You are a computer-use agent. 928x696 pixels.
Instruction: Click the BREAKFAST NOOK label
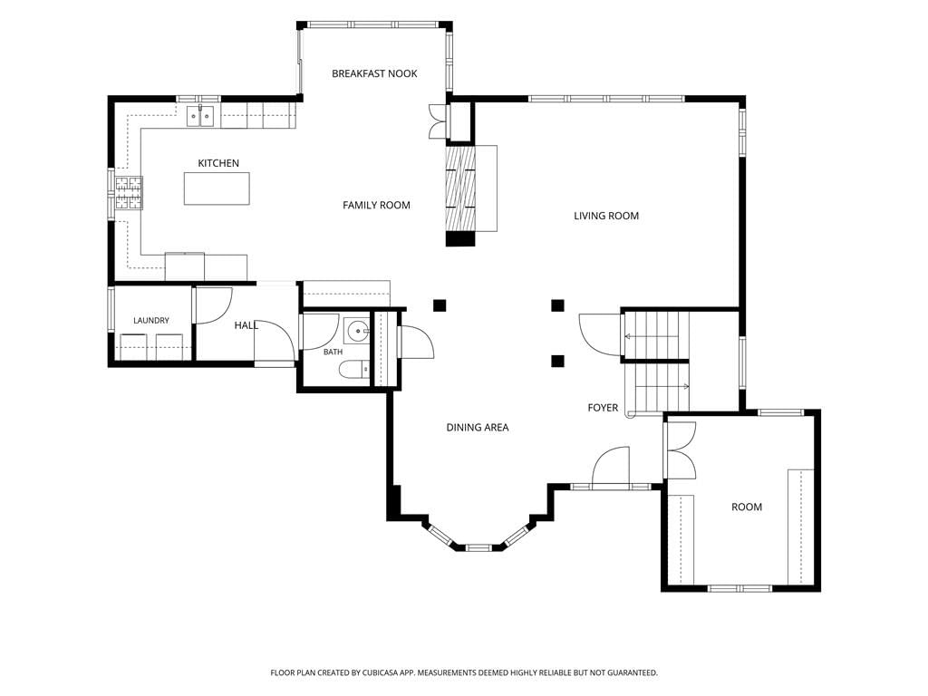[x=374, y=73]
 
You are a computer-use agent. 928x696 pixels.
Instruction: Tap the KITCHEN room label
[x=218, y=163]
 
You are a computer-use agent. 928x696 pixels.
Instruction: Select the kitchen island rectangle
[x=217, y=188]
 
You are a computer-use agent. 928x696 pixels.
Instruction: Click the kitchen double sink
[x=200, y=117]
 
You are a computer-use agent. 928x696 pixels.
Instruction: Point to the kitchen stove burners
[x=129, y=193]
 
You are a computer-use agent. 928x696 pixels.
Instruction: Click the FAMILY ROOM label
[x=376, y=206]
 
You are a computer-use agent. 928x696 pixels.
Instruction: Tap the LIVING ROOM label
[x=606, y=216]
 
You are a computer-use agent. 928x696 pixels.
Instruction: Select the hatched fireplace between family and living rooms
[x=460, y=188]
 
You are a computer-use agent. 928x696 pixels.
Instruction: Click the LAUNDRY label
[x=151, y=320]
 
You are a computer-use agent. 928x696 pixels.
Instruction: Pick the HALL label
[x=246, y=325]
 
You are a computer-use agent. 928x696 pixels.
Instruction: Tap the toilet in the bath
[x=354, y=371]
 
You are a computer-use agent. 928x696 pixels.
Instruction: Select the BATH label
[x=333, y=353]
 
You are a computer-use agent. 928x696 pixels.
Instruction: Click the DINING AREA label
[x=477, y=428]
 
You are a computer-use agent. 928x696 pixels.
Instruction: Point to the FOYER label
[x=603, y=408]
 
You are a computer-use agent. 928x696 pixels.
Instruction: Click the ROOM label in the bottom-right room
[x=747, y=507]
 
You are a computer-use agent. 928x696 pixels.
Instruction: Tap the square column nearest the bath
[x=440, y=305]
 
